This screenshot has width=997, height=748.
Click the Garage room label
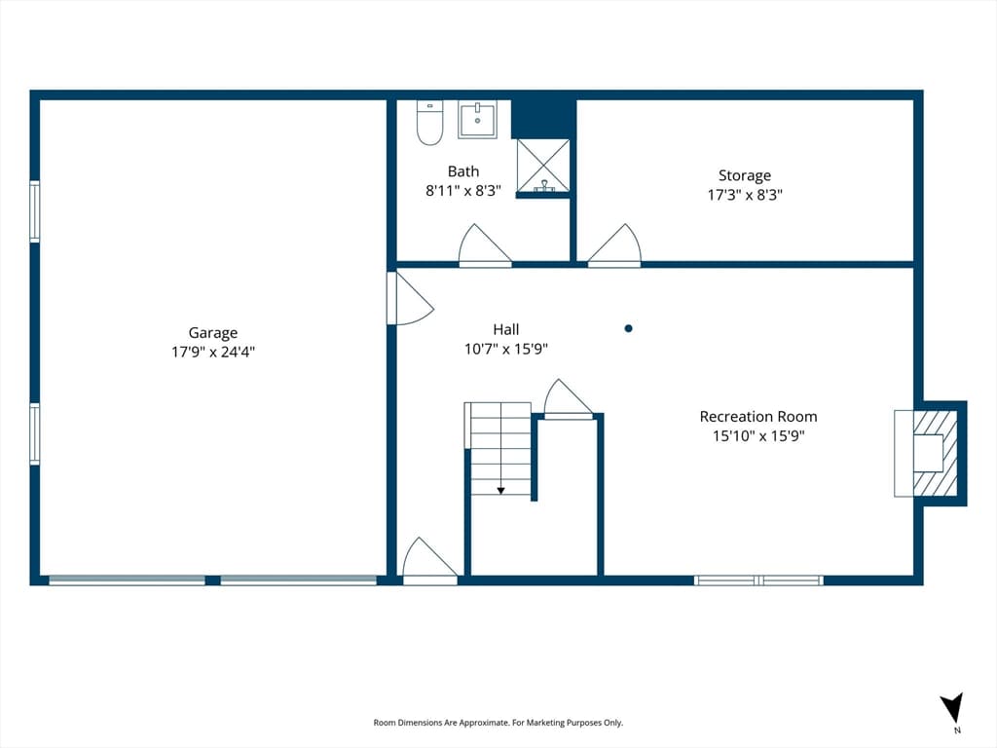point(213,333)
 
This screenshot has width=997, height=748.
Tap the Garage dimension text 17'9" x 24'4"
point(213,352)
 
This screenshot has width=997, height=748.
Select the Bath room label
point(463,171)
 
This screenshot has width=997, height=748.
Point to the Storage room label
point(745,175)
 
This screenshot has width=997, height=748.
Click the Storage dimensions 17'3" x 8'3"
point(745,195)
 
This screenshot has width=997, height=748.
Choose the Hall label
point(506,329)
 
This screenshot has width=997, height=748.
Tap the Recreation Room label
point(758,417)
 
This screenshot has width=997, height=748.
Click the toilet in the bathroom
point(429,123)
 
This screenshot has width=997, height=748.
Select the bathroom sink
point(477,120)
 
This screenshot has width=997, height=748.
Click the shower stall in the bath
point(543,166)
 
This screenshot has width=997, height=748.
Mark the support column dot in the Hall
point(628,329)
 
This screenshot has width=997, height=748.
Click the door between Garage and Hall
point(410,298)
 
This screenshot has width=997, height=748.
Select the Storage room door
point(614,244)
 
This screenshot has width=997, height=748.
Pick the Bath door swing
point(485,244)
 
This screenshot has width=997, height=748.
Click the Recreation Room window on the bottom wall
point(758,580)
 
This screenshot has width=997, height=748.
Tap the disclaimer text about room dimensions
point(498,723)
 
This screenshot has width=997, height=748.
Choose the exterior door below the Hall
point(429,562)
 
